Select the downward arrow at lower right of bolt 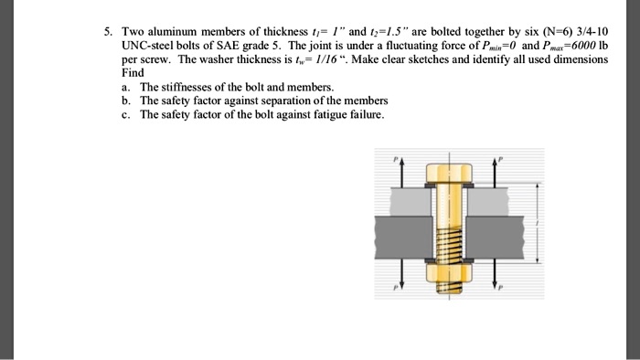pyautogui.click(x=496, y=278)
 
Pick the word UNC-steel pyautogui.click(x=149, y=46)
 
